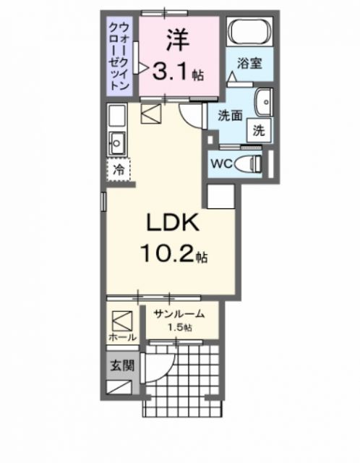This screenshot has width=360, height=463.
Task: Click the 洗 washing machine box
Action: coord(259,132)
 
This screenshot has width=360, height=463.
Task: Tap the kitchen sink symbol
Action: coord(116,141)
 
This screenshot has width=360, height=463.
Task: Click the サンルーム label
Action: coord(178,315)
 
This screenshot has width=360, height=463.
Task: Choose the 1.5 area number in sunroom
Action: coord(179,328)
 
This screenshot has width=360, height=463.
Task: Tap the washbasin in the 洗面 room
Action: coord(263,101)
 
